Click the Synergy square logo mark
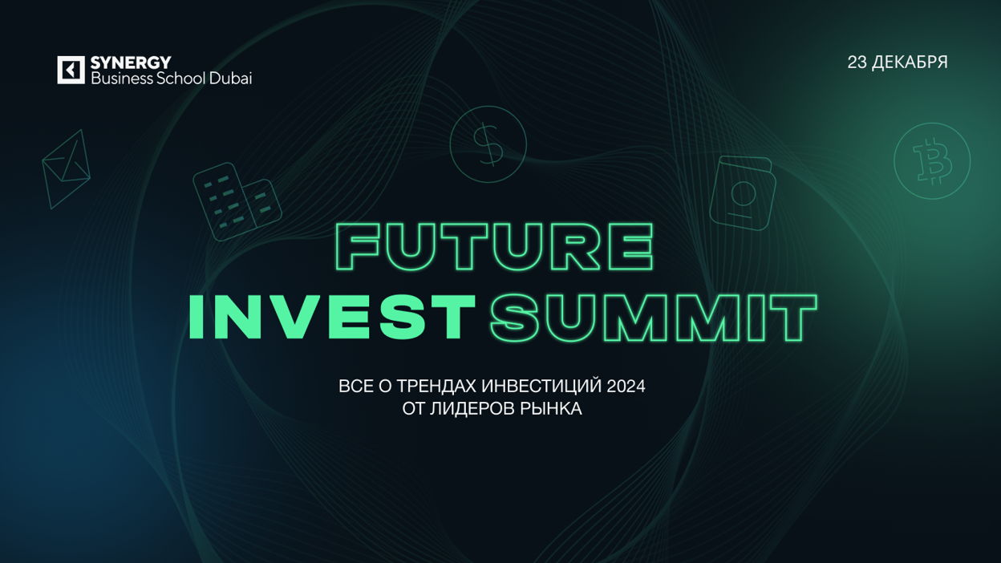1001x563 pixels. (71, 70)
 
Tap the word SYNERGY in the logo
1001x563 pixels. (131, 63)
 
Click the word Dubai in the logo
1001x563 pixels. (230, 79)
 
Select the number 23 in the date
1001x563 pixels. (857, 63)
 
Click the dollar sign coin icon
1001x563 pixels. (488, 144)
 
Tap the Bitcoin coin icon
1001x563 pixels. (932, 161)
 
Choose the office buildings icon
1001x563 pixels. (237, 201)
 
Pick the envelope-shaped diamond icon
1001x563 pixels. (66, 169)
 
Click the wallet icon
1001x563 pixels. (743, 193)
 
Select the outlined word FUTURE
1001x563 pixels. (495, 247)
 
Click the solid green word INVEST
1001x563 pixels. (332, 317)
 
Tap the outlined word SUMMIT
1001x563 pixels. (654, 318)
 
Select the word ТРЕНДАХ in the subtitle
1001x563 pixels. (436, 387)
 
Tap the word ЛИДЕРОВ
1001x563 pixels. (466, 409)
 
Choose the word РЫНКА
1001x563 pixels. (545, 409)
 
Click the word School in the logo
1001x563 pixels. (180, 79)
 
